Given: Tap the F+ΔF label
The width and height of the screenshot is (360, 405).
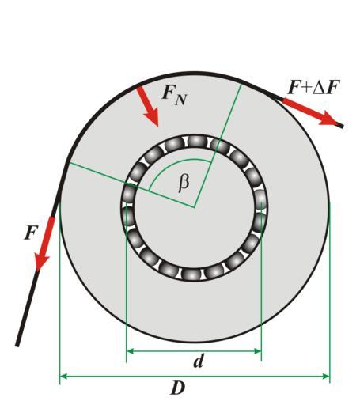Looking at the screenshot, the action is (x=313, y=87).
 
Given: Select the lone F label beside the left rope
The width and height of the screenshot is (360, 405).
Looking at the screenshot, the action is (x=32, y=233).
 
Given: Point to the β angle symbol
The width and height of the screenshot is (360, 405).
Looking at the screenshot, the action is (x=184, y=183).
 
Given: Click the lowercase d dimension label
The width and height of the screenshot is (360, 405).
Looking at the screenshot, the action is (x=199, y=361).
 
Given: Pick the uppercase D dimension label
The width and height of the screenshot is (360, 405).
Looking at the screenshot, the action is (x=178, y=388).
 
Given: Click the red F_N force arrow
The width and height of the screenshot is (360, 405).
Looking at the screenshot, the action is (x=148, y=106).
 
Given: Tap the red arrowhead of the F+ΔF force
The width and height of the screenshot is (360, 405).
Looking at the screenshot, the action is (x=328, y=119).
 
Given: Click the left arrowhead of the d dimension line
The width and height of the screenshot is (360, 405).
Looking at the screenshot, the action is (x=130, y=351).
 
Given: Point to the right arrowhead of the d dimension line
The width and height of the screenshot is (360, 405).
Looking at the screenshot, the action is (x=258, y=351).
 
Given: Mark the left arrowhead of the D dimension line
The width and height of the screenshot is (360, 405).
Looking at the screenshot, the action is (x=63, y=376).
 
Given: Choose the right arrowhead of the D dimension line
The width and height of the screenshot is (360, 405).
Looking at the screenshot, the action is (x=326, y=376).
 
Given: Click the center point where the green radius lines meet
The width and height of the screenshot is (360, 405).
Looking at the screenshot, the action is (x=195, y=207).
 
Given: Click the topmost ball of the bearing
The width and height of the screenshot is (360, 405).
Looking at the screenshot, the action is (x=195, y=141).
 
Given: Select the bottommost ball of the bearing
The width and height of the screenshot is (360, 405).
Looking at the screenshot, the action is (x=191, y=274).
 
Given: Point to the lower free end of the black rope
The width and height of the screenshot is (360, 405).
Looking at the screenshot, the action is (x=17, y=346).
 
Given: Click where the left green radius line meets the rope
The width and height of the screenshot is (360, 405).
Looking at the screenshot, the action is (x=68, y=163).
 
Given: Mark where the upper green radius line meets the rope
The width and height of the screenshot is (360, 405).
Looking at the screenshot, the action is (x=241, y=84).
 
